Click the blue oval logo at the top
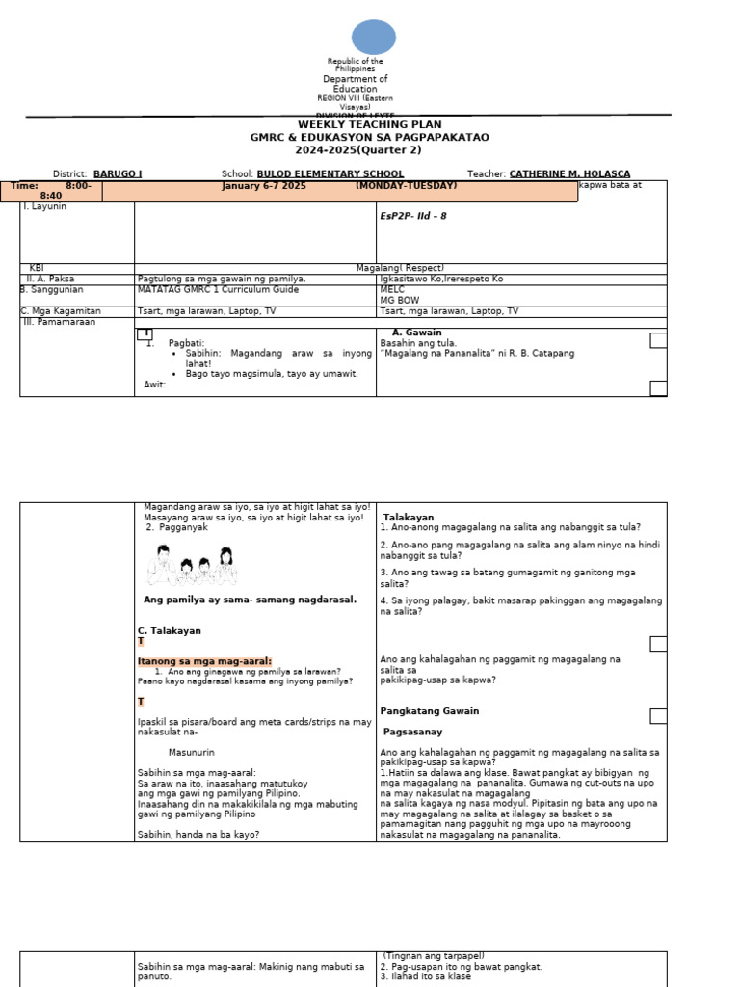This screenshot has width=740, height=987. point(373,37)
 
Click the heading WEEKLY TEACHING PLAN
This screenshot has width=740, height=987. point(369,125)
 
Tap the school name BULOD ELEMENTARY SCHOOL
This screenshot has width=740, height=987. point(323,173)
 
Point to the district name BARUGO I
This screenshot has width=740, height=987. point(118,173)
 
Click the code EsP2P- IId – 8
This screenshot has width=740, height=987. point(413,216)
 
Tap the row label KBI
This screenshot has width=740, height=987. point(37,268)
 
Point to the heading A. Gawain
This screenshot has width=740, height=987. point(416,333)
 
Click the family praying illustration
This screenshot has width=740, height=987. point(194,565)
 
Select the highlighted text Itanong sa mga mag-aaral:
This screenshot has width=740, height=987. point(204,661)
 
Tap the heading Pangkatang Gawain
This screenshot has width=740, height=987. point(429,711)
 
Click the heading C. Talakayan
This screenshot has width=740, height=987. point(170,630)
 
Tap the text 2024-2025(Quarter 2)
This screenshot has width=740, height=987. point(369,150)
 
